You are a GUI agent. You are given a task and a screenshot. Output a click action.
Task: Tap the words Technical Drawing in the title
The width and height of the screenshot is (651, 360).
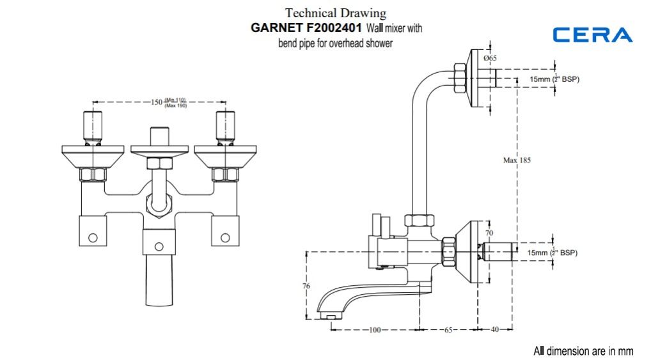click(336, 13)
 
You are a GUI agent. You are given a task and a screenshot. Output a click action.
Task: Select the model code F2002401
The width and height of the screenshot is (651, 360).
click(333, 28)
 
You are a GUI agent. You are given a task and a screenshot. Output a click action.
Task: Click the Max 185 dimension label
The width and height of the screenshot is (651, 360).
click(517, 160)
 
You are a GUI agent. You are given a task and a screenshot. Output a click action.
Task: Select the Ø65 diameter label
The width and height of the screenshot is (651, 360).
click(490, 58)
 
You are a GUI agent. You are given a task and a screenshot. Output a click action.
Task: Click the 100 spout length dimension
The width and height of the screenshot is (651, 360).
click(374, 330)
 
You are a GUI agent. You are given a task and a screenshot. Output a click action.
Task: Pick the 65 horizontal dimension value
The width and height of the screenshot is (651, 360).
click(448, 330)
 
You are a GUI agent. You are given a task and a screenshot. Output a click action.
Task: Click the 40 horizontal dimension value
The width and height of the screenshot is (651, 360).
click(495, 330)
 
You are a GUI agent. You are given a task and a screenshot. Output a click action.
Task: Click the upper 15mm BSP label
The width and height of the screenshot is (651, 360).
click(554, 79)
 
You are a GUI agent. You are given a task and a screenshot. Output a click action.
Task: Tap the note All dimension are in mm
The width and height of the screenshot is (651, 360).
click(583, 350)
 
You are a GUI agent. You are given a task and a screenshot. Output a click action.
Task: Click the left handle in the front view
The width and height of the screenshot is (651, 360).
click(93, 125)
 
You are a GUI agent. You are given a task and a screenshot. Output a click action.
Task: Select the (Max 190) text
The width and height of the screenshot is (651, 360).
click(176, 106)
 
